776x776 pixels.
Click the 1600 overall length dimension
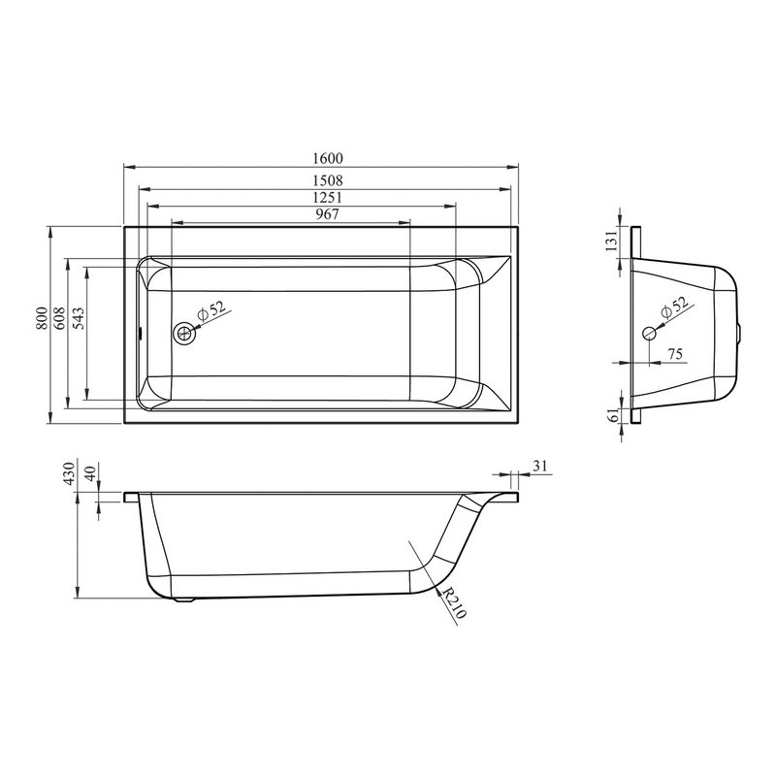pos(328,158)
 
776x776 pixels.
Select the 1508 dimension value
pos(328,180)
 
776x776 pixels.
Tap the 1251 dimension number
pos(328,198)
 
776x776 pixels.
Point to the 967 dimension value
pos(328,214)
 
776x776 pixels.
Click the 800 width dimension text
pos(42,319)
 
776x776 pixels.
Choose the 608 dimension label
pos(59,319)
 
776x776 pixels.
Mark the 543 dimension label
pos(79,319)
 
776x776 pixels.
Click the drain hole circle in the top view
pos(185,333)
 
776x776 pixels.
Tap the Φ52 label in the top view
pos(210,309)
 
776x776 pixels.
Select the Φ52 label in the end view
pos(674,307)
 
